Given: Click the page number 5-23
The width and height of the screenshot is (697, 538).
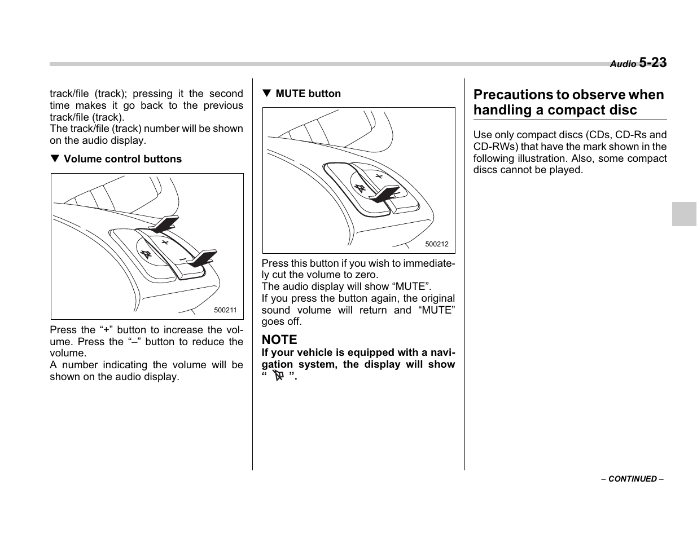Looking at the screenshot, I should pos(652,63).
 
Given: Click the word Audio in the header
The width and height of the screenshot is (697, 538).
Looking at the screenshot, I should pos(623,64).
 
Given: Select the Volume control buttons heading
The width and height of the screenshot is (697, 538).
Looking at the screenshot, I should pos(122,159).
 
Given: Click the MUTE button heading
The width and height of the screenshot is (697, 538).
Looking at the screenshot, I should pos(308,94).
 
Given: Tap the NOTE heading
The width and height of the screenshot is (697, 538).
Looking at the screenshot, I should pos(279,339).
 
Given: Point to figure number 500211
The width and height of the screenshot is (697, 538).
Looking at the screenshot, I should pos(225,310).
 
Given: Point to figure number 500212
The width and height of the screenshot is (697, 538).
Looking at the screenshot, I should pos(437,244).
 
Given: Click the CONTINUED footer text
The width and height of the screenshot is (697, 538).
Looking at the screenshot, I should pos(632,479).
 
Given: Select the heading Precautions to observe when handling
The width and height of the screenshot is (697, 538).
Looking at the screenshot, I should pos(569,102).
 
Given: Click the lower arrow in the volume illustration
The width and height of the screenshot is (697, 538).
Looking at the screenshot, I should pos(202,258).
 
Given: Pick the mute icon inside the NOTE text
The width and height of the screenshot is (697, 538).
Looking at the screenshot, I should pos(278,376).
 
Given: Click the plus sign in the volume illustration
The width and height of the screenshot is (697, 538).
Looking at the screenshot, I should pos(165,242).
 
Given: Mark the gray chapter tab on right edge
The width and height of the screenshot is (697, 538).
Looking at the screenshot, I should pos(684,214).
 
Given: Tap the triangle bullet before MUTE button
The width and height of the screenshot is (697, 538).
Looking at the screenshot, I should pos(266,94).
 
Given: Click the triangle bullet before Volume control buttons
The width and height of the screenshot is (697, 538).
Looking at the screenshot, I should pos(55,159).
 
